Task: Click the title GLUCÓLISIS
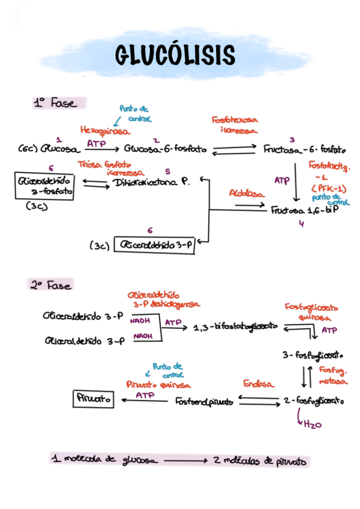(175, 55)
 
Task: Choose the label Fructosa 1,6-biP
(305, 211)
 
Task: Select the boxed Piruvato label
(93, 399)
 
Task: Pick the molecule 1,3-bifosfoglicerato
(236, 327)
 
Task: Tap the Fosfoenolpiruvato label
(203, 400)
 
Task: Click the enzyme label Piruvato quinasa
(158, 384)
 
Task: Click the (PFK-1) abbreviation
(328, 188)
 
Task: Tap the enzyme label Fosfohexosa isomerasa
(235, 125)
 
